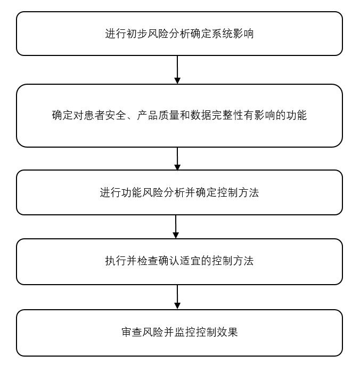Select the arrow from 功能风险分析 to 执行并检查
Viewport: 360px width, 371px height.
pyautogui.click(x=176, y=227)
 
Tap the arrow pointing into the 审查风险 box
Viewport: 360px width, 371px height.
pyautogui.click(x=177, y=297)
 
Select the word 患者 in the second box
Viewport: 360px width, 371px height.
pyautogui.click(x=89, y=115)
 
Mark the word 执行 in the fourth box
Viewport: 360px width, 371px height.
pyautogui.click(x=116, y=261)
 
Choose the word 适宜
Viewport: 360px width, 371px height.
pyautogui.click(x=190, y=261)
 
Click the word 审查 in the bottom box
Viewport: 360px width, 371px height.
pyautogui.click(x=132, y=333)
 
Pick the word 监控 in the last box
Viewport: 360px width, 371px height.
pyautogui.click(x=185, y=333)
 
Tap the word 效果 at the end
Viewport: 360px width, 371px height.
pyautogui.click(x=227, y=333)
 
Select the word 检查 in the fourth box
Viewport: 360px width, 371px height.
pyautogui.click(x=148, y=261)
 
